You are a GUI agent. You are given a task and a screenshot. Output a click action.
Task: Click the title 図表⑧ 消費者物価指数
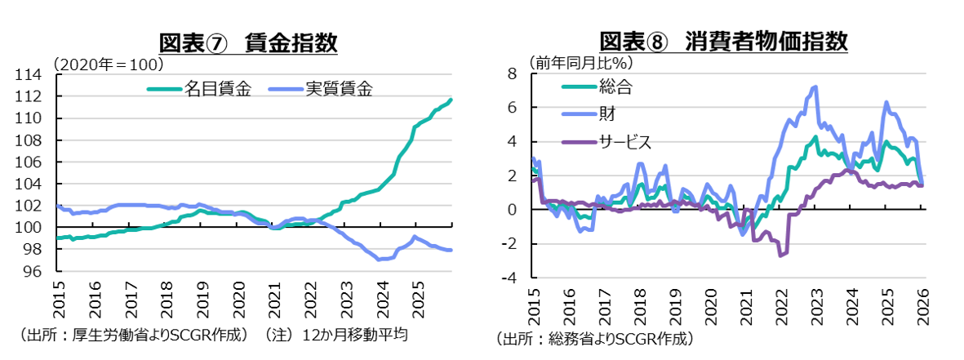click(723, 41)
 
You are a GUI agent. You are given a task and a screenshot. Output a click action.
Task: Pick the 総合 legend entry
click(615, 85)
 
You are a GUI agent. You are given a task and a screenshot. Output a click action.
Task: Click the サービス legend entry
click(624, 142)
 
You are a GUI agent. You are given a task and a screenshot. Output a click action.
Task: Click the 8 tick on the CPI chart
click(513, 73)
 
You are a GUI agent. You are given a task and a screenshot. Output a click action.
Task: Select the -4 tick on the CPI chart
click(509, 278)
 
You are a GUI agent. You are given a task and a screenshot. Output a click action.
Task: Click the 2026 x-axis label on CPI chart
click(922, 305)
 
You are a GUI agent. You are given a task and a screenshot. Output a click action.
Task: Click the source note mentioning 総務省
click(595, 338)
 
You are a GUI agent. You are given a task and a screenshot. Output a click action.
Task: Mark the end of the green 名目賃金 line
click(451, 100)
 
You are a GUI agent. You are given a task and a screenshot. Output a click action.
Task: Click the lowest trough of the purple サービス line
click(781, 256)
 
